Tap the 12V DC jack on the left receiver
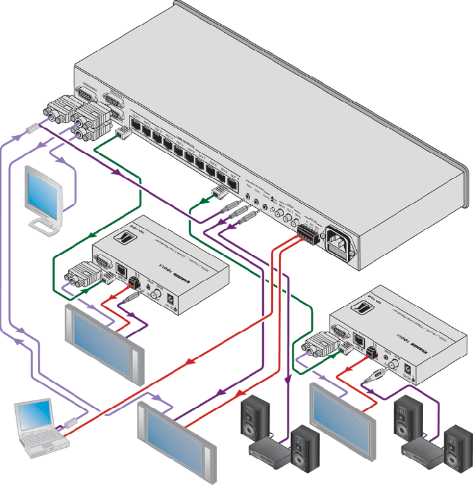click(170, 300)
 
